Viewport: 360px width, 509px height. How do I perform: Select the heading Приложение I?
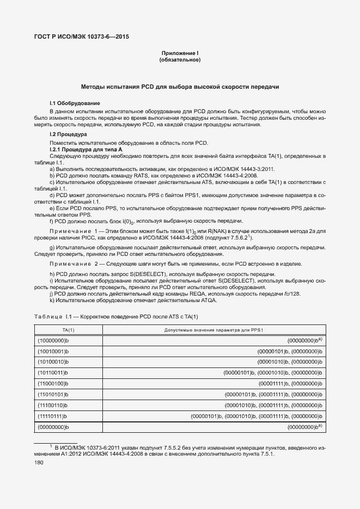(180, 53)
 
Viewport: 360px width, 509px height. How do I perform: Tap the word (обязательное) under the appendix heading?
(180, 60)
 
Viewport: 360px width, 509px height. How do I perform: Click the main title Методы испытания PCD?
(180, 87)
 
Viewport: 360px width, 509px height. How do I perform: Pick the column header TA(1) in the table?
(68, 330)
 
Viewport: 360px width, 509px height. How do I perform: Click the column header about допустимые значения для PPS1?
(213, 330)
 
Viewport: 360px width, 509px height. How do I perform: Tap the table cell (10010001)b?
(53, 351)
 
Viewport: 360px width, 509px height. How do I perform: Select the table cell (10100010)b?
(53, 361)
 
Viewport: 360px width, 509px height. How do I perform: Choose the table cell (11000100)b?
(53, 383)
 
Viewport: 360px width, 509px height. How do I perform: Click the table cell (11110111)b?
(53, 416)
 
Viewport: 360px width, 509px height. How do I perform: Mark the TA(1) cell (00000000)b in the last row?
(53, 427)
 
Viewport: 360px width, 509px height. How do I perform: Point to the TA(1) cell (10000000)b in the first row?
(53, 340)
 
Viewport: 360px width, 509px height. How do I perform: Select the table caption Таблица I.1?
(52, 316)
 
